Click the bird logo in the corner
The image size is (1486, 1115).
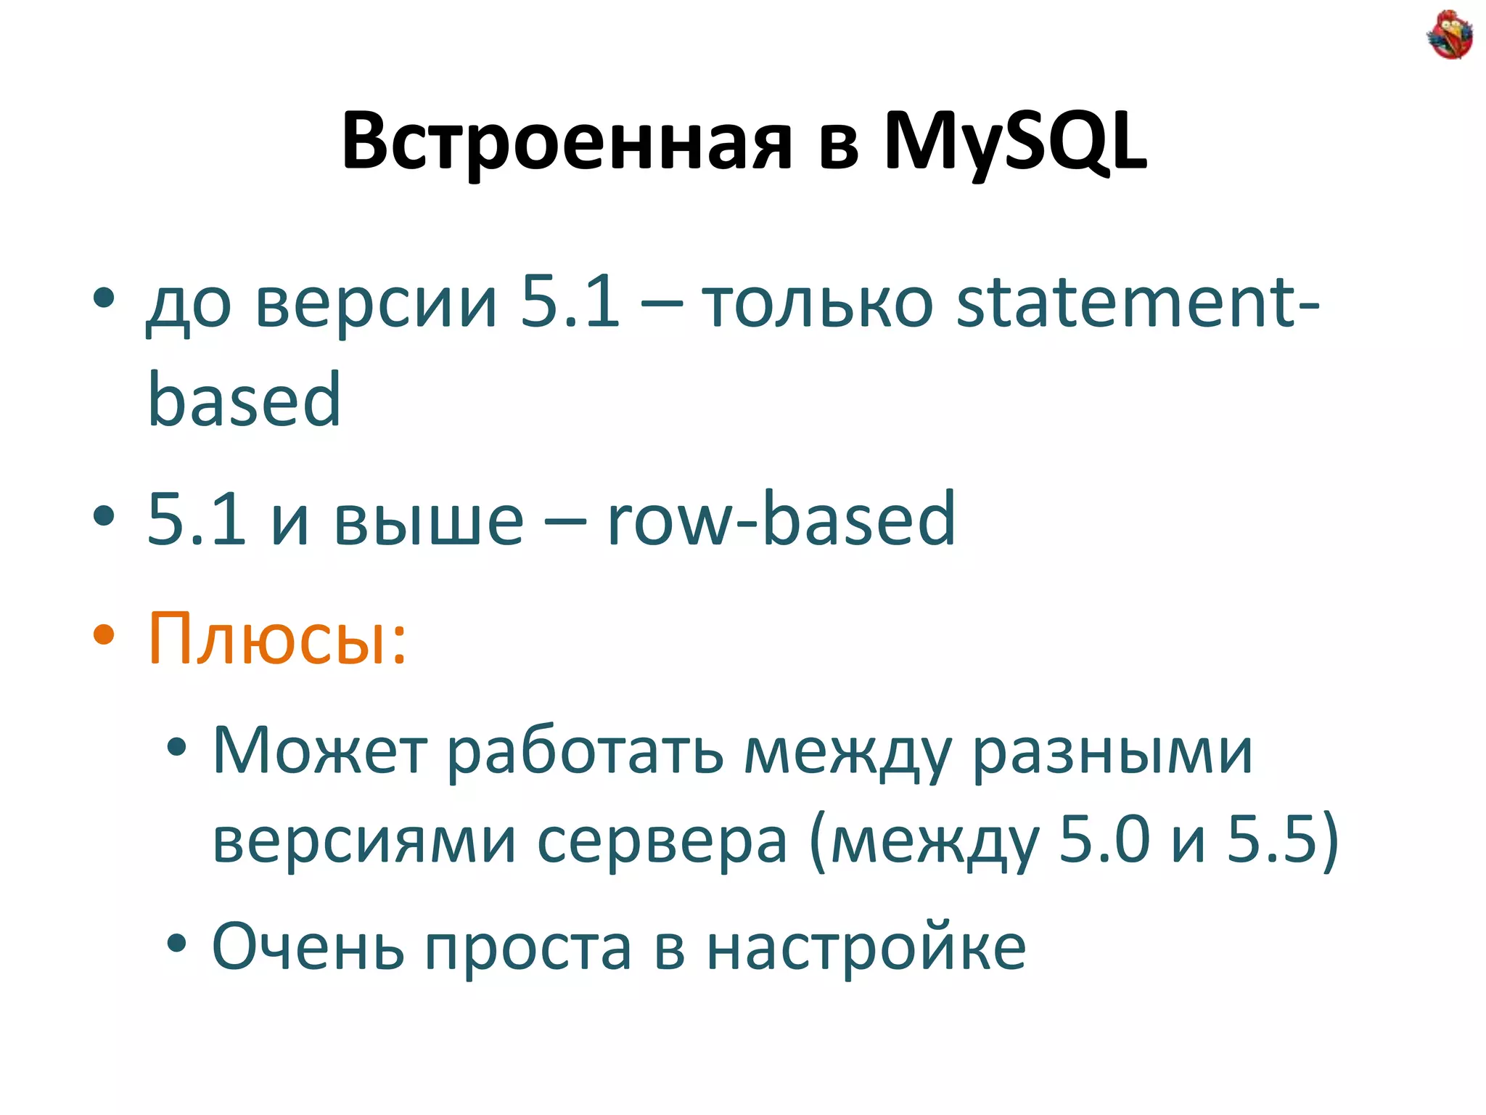pos(1449,35)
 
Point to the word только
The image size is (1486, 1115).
pos(818,303)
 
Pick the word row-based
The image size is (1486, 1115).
pos(781,518)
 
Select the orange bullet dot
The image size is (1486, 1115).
pos(104,634)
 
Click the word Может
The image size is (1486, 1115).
pos(319,751)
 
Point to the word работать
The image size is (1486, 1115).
pos(585,751)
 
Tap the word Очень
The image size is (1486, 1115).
pos(308,947)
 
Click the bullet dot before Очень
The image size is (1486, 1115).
pos(176,944)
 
